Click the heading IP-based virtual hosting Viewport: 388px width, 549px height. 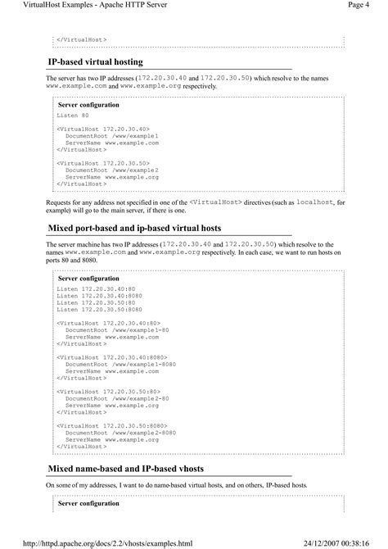click(97, 62)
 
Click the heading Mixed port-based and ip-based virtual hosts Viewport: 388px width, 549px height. click(134, 227)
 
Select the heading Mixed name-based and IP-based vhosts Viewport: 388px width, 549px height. click(126, 468)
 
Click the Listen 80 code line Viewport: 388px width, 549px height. click(74, 117)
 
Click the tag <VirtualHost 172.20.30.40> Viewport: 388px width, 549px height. click(103, 129)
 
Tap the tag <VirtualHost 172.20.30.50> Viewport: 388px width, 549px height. click(103, 163)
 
